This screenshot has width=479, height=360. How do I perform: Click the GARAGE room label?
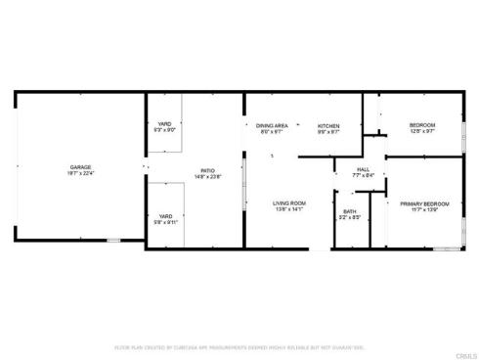tap(80, 167)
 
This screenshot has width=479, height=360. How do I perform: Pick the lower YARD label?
tap(164, 216)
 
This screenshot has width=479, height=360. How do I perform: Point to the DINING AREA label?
tap(271, 125)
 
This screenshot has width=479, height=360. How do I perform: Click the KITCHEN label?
tap(327, 125)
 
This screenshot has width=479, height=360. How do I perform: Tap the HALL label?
tap(363, 170)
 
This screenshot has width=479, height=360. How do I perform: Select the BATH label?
tap(350, 211)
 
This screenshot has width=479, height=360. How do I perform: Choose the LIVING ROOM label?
tap(289, 202)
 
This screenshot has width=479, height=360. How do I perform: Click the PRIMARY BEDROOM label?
tap(424, 203)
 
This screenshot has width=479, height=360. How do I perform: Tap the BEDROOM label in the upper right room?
tap(421, 125)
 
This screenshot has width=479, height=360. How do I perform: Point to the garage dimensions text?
tap(80, 173)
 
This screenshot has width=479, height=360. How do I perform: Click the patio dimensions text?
tap(207, 176)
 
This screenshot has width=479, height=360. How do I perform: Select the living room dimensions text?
tap(289, 208)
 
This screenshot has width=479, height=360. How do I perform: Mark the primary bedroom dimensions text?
tap(424, 209)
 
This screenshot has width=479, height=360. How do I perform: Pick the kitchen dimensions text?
tap(327, 131)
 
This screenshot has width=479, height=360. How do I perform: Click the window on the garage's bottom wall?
tap(114, 240)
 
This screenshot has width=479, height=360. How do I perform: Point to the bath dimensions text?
tap(350, 217)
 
